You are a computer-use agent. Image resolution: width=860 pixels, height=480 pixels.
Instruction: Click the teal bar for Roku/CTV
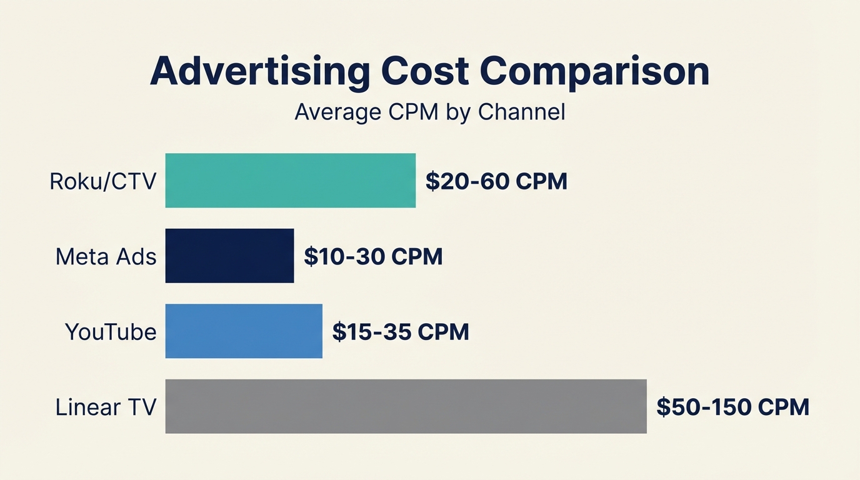pyautogui.click(x=290, y=181)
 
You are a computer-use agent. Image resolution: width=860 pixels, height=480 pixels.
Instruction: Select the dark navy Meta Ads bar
pyautogui.click(x=229, y=256)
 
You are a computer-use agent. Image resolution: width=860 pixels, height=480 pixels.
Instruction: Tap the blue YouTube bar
pyautogui.click(x=244, y=331)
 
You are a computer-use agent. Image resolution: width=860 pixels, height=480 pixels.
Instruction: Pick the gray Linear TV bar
pyautogui.click(x=406, y=406)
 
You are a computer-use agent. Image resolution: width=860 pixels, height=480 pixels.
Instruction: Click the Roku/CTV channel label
pyautogui.click(x=102, y=181)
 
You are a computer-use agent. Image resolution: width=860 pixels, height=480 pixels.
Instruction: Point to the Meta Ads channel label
pyautogui.click(x=106, y=257)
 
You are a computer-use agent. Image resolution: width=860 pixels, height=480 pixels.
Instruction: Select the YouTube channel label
pyautogui.click(x=111, y=332)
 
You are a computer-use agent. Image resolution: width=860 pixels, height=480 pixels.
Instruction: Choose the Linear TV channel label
pyautogui.click(x=105, y=407)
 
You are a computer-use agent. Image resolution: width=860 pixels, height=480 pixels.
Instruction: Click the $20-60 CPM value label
pyautogui.click(x=496, y=181)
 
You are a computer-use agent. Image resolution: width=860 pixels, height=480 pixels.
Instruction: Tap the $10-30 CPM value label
pyautogui.click(x=373, y=257)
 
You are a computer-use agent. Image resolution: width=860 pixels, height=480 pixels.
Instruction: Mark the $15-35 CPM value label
pyautogui.click(x=401, y=332)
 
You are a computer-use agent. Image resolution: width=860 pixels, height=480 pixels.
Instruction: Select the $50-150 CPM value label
pyautogui.click(x=732, y=407)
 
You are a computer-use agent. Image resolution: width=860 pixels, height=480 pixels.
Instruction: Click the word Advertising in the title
pyautogui.click(x=259, y=72)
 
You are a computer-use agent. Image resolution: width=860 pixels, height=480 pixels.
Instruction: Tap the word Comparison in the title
pyautogui.click(x=594, y=72)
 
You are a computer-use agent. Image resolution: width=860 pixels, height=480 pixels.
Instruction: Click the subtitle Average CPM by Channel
pyautogui.click(x=430, y=112)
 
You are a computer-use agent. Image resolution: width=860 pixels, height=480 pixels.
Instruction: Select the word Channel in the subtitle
pyautogui.click(x=521, y=112)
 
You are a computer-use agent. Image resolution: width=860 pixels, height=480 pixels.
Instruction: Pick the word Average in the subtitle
pyautogui.click(x=337, y=112)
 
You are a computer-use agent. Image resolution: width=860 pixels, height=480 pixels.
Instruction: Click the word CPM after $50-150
pyautogui.click(x=783, y=407)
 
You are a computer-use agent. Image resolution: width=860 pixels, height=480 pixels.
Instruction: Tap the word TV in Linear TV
pyautogui.click(x=141, y=407)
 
